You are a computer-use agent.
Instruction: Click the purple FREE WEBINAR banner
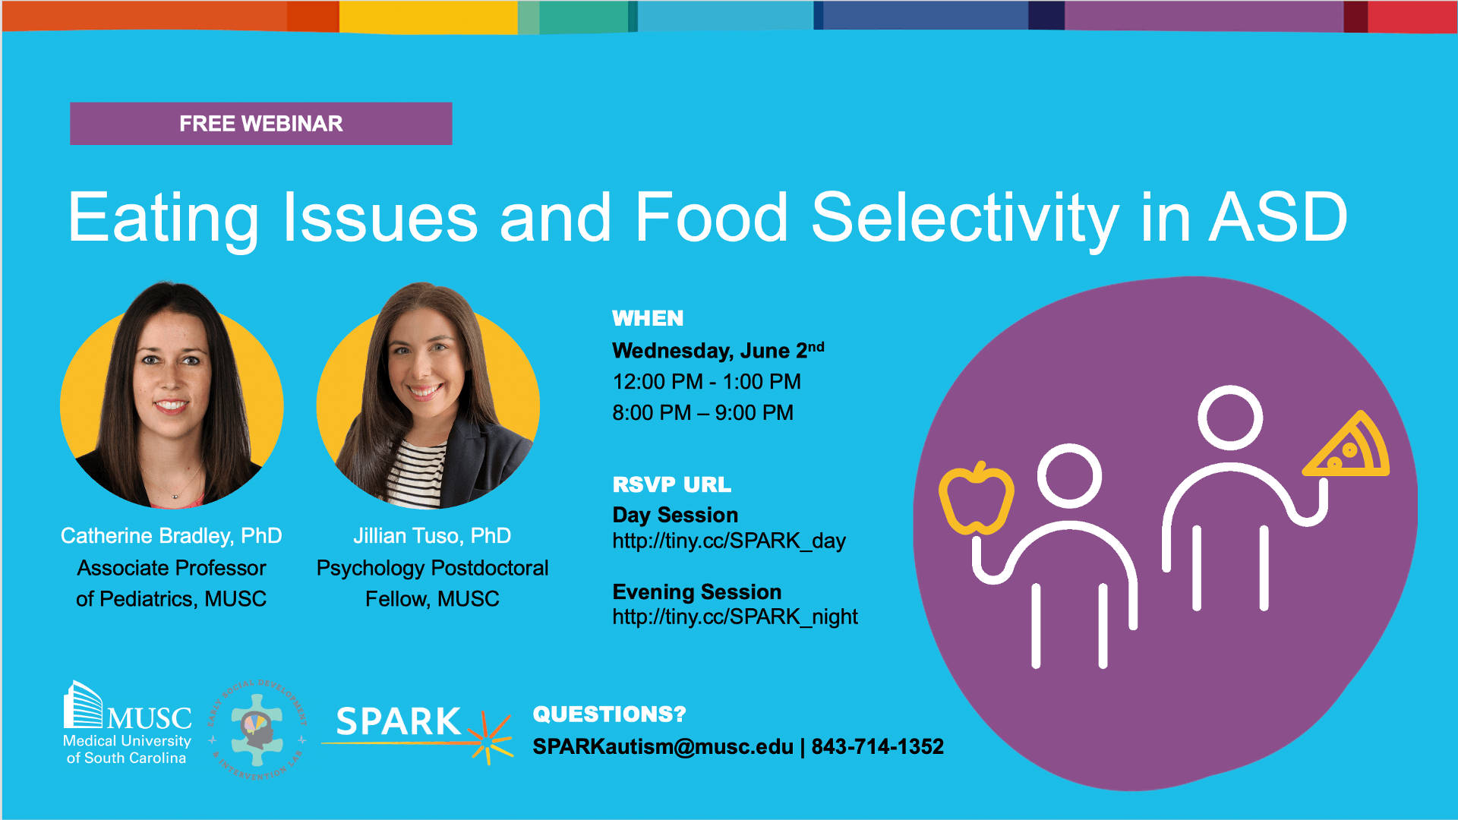click(260, 123)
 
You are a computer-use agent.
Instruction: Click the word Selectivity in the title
click(965, 219)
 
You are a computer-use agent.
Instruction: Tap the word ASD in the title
click(1279, 218)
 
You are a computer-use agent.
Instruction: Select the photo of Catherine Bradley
click(172, 395)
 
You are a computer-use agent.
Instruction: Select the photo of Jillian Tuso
click(428, 395)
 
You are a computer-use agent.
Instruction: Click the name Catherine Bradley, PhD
click(172, 536)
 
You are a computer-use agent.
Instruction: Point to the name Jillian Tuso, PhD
click(432, 536)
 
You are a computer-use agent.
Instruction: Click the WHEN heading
click(648, 318)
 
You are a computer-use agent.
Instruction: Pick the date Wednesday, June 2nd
click(718, 350)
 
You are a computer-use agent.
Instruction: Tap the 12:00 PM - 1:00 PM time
click(707, 381)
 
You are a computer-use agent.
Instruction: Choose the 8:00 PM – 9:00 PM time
click(703, 412)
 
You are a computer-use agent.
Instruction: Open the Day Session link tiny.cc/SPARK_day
click(729, 541)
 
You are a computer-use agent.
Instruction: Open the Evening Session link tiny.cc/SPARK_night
click(735, 617)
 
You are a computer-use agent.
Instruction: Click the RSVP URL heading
click(672, 484)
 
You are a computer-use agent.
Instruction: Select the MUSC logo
click(128, 723)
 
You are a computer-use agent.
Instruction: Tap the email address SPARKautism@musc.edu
click(663, 747)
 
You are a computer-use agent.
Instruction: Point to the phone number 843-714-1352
click(878, 747)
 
